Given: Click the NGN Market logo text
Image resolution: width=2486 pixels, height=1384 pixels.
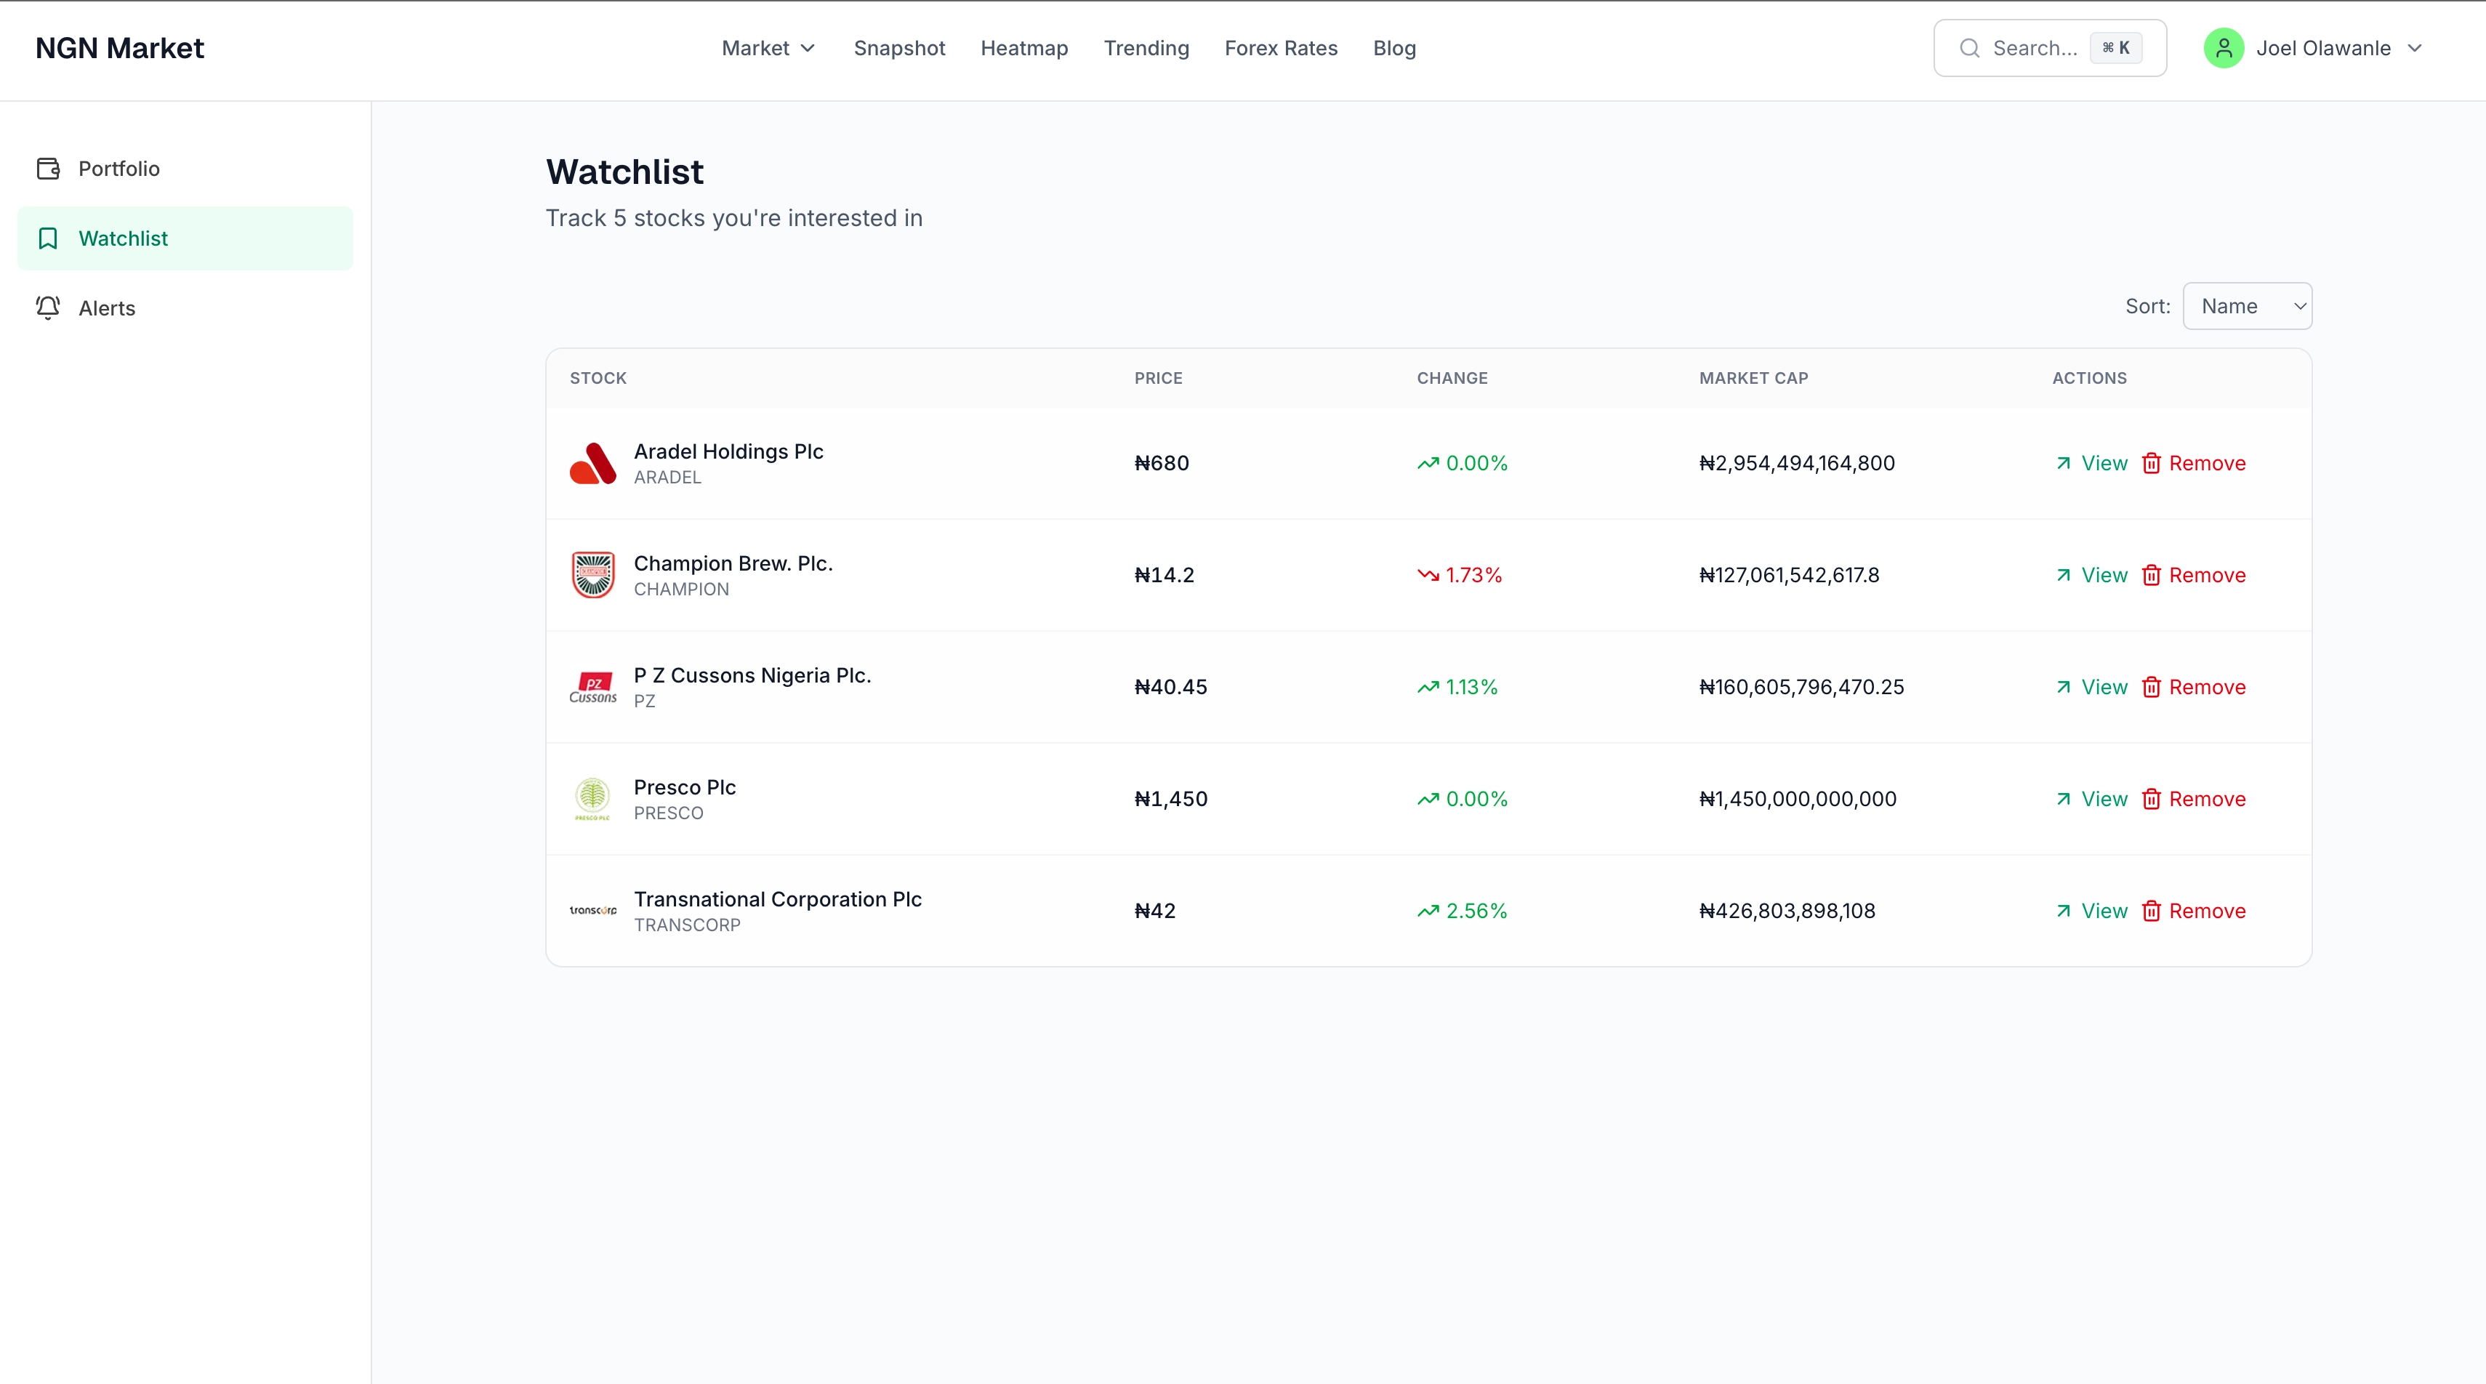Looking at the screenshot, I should pos(120,48).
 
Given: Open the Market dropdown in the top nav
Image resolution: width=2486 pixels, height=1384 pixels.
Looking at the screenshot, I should pos(768,48).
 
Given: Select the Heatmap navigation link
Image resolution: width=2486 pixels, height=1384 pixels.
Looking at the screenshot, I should pos(1024,48).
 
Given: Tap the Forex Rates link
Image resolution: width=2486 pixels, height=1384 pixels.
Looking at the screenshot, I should pos(1281,48).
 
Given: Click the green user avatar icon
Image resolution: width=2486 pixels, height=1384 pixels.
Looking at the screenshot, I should pos(2223,48).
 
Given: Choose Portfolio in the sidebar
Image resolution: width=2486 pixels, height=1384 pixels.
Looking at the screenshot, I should pos(118,169).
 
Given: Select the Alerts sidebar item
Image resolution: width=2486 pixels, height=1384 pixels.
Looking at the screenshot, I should pos(106,308).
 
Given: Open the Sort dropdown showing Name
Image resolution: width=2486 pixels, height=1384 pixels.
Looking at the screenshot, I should pos(2247,306).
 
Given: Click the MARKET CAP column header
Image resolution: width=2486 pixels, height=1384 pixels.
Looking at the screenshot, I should pos(1753,378).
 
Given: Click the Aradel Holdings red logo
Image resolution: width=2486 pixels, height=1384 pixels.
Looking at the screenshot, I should pos(592,463).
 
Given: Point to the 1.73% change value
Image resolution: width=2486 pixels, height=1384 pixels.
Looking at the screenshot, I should pos(1473,575).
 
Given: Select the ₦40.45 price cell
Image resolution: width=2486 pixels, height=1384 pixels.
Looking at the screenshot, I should pos(1170,687).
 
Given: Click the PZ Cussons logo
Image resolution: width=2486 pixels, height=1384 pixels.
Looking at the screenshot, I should pos(592,687).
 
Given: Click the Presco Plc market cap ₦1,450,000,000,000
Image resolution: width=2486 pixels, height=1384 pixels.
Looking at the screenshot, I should pos(1797,799).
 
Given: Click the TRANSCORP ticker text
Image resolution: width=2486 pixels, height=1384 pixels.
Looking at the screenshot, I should pos(687,925).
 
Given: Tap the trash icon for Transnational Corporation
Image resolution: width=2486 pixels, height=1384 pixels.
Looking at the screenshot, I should pos(2151,911).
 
